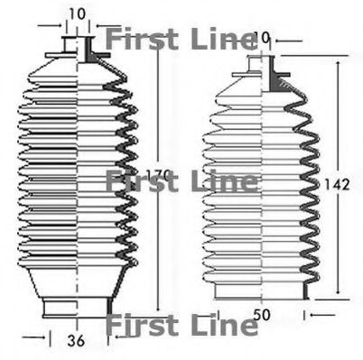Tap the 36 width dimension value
click(79, 341)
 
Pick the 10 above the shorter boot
click(263, 38)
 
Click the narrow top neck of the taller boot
click(79, 46)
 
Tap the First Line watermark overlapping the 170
click(181, 181)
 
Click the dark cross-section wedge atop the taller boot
click(89, 55)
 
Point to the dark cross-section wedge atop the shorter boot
click(270, 78)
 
